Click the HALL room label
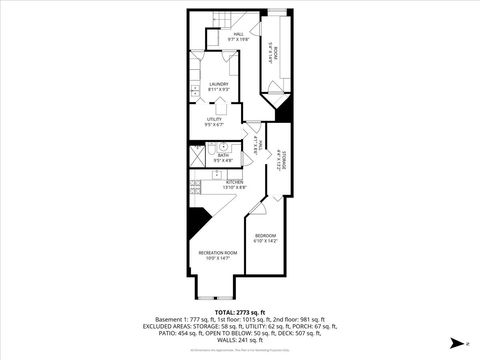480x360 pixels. [x=238, y=34]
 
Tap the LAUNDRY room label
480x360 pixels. [x=219, y=84]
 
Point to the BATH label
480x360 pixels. [x=224, y=155]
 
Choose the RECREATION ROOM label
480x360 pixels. [x=217, y=253]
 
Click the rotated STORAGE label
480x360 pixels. [x=283, y=159]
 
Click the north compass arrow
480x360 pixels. [x=455, y=343]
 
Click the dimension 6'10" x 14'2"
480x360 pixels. [x=265, y=240]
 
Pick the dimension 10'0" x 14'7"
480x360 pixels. [x=217, y=258]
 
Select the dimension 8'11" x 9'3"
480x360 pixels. [x=219, y=90]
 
